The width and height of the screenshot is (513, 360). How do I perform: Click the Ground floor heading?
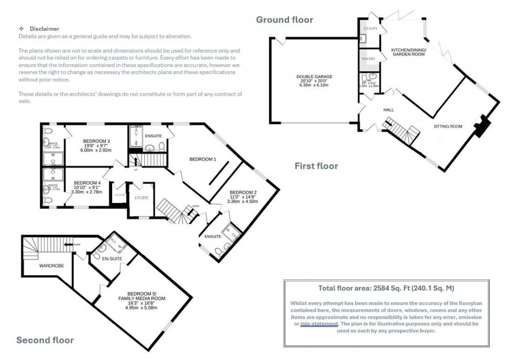[285, 20]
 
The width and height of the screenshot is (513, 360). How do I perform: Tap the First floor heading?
[316, 166]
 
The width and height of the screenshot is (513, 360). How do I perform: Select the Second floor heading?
[45, 340]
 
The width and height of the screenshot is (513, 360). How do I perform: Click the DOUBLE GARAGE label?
[314, 77]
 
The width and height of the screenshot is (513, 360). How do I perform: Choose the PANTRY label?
[369, 59]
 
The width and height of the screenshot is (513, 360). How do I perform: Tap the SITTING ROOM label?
[447, 126]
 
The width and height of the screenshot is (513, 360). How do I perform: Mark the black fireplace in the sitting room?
[482, 126]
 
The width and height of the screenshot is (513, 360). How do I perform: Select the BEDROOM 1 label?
[202, 159]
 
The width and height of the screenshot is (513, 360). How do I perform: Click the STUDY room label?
[141, 198]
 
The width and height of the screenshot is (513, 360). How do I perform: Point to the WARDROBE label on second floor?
[52, 265]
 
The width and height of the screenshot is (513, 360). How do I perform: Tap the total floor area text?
[386, 288]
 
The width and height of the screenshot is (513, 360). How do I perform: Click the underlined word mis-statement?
[319, 324]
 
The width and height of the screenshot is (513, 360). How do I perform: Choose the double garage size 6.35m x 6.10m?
[314, 86]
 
